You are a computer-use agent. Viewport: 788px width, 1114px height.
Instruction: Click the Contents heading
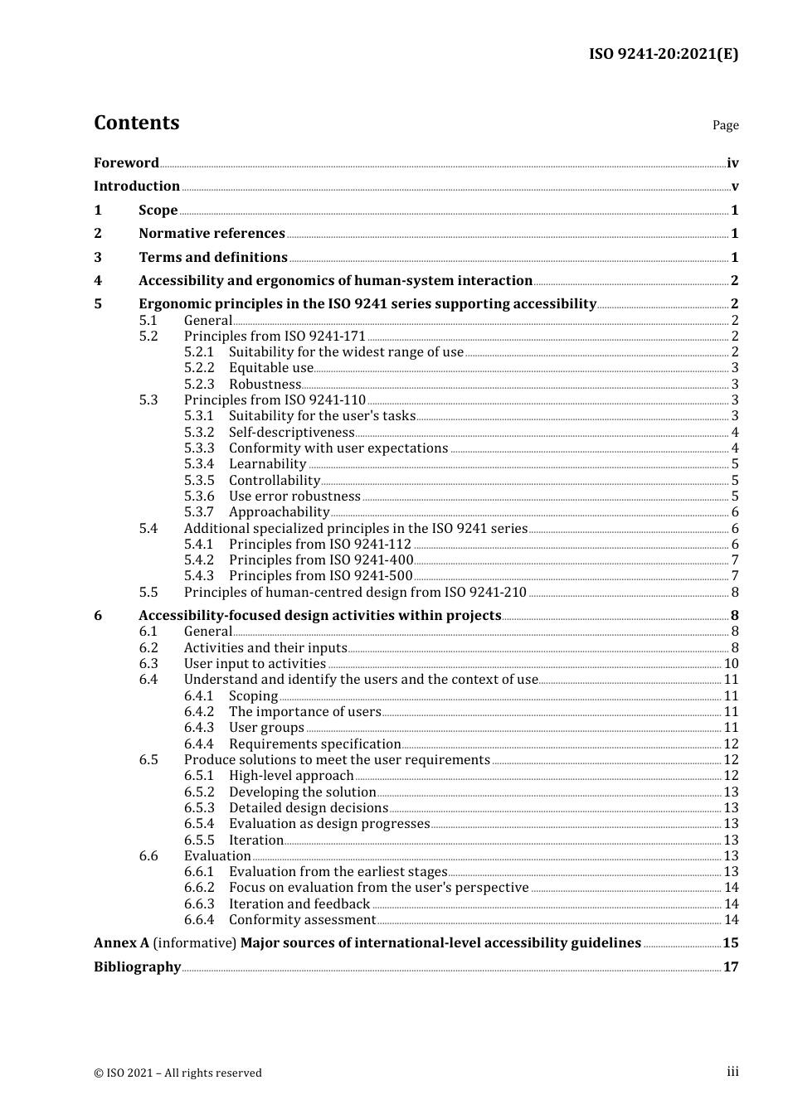tap(136, 123)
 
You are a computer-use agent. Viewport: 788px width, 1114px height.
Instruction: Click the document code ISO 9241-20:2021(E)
tap(663, 54)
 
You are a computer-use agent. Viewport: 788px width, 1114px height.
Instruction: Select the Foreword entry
tap(126, 162)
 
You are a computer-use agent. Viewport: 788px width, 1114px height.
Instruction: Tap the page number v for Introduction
tap(734, 186)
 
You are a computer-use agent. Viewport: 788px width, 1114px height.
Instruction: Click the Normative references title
tap(212, 234)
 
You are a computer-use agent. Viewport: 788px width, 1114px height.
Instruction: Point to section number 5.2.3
tap(199, 384)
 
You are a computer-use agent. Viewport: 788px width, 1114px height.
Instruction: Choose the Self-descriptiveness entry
tap(291, 432)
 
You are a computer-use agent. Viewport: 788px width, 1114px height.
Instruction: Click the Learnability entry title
tap(267, 464)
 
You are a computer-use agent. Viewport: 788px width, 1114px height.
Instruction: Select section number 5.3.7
tap(199, 512)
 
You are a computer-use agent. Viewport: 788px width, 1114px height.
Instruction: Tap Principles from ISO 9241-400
tap(320, 560)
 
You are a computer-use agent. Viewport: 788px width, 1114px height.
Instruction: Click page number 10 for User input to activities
tap(731, 664)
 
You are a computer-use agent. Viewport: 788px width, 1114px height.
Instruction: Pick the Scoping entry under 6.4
tap(253, 696)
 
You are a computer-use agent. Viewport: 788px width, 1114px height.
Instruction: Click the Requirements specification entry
tap(314, 744)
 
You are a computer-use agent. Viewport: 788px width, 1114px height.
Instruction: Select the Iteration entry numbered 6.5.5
tap(255, 840)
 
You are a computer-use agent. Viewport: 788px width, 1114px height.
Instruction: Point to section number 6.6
tap(148, 856)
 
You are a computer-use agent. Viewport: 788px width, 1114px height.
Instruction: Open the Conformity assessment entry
tap(302, 920)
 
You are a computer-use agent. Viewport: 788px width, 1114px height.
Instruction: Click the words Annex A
tap(121, 943)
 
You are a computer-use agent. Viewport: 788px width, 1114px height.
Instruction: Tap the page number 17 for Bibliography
tap(731, 967)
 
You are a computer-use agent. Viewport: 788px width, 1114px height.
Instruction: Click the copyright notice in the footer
tap(178, 1073)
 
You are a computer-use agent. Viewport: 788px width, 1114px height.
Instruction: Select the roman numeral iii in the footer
tap(732, 1072)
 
